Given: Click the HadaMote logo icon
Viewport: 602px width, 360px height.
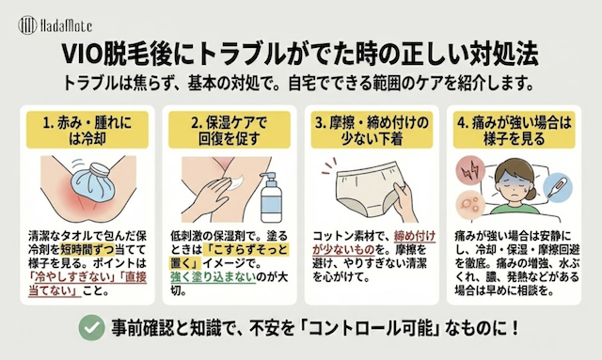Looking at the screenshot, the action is click(x=27, y=25).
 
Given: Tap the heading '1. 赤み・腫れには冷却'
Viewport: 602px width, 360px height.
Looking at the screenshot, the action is click(x=87, y=131).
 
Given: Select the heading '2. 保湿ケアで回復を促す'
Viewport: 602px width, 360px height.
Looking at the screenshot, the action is click(x=230, y=131).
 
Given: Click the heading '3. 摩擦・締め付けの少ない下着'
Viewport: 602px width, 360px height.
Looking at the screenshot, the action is click(x=372, y=131).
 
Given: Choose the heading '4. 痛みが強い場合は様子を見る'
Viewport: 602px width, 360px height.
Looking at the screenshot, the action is click(x=515, y=131).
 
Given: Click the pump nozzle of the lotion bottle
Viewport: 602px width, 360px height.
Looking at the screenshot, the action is click(x=268, y=176).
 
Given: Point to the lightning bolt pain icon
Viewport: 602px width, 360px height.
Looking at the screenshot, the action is click(x=469, y=170).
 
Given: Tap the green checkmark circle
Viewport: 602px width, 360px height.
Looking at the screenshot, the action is click(x=92, y=327).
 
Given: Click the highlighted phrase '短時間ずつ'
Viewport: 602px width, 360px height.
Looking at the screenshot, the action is click(x=87, y=250).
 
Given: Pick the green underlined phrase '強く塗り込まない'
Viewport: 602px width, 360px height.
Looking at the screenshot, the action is click(x=214, y=277).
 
